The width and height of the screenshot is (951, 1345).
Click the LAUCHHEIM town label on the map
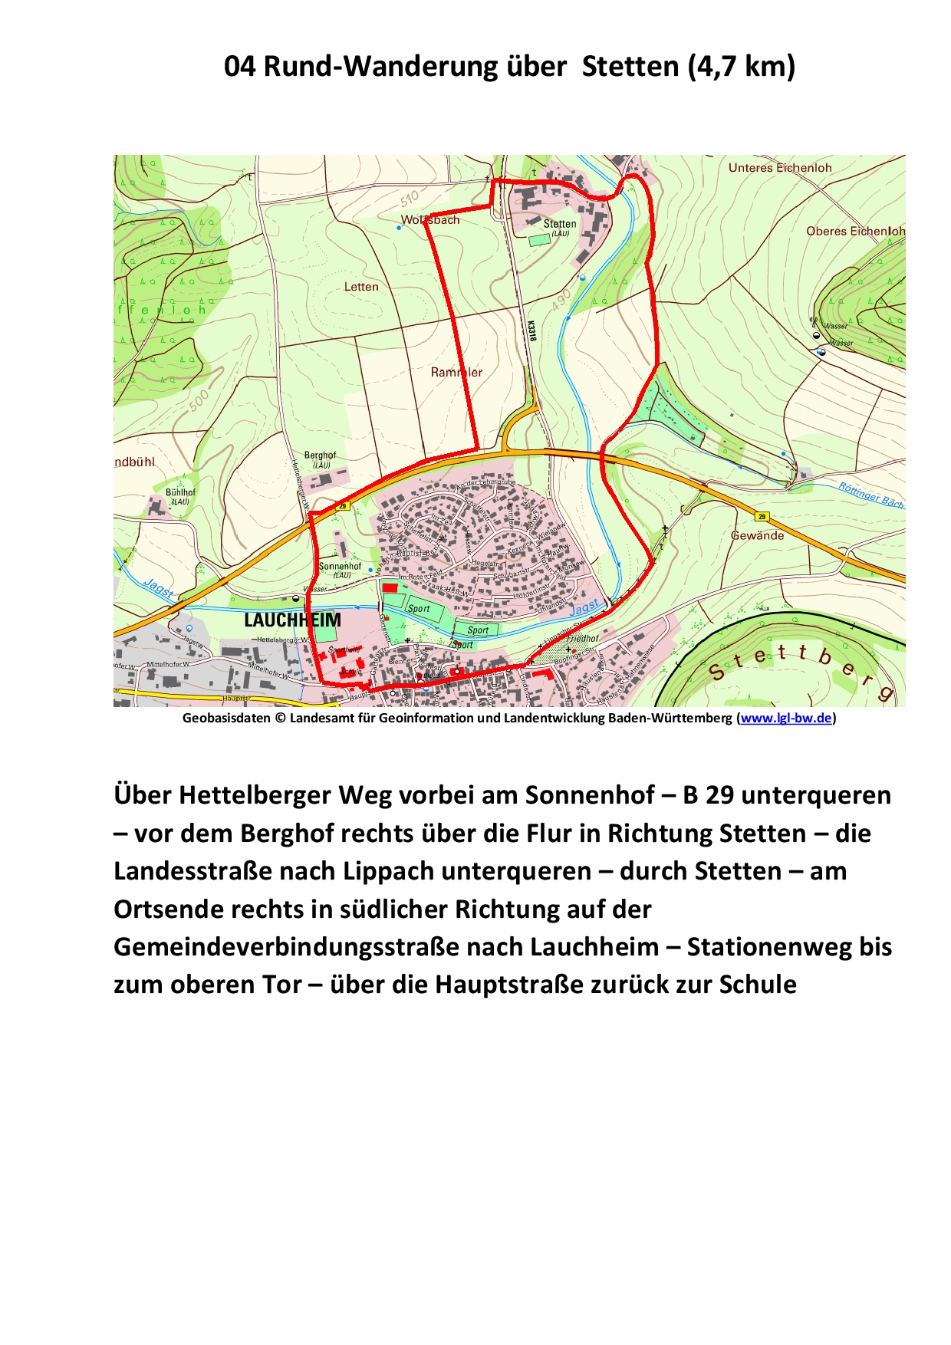pyautogui.click(x=292, y=620)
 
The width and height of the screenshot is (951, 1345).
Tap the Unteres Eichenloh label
pyautogui.click(x=779, y=168)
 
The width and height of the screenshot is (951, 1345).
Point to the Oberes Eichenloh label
pyautogui.click(x=855, y=231)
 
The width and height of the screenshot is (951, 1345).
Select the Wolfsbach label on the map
pyautogui.click(x=430, y=220)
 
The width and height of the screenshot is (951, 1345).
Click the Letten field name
pyautogui.click(x=361, y=287)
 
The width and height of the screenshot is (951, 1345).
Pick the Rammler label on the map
pyautogui.click(x=456, y=373)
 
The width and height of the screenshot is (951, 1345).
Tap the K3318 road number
pyautogui.click(x=531, y=330)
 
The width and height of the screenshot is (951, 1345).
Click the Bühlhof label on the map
pyautogui.click(x=180, y=492)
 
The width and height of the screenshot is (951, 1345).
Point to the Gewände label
pyautogui.click(x=757, y=535)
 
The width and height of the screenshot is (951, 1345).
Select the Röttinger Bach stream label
pyautogui.click(x=870, y=495)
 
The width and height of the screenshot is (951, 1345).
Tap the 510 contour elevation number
pyautogui.click(x=410, y=199)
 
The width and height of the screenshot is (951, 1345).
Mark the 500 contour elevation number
pyautogui.click(x=198, y=400)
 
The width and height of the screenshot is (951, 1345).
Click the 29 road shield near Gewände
pyautogui.click(x=762, y=516)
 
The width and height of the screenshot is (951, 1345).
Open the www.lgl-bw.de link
pyautogui.click(x=786, y=719)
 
